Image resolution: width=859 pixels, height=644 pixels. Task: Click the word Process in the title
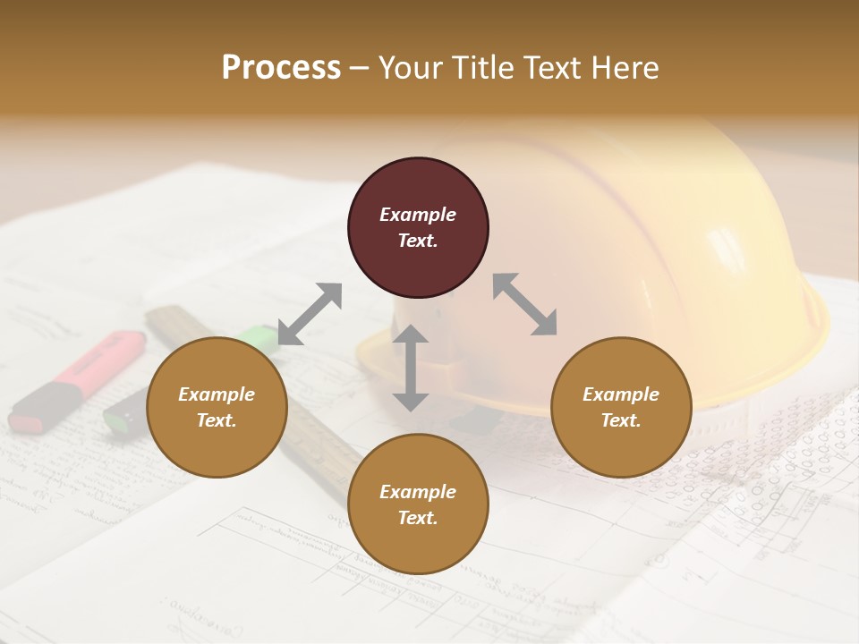coord(281,68)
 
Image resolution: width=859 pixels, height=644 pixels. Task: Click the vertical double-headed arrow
coord(411,368)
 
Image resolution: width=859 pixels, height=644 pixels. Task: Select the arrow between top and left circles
coord(310,314)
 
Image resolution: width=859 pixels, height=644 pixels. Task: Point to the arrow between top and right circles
coord(524,304)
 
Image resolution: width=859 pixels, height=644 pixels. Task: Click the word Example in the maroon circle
coord(418,215)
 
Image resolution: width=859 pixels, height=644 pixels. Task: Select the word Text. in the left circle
coord(217,420)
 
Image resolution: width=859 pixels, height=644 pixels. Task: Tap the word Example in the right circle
coord(621,394)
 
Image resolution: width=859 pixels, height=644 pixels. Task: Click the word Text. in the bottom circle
coord(418,518)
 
